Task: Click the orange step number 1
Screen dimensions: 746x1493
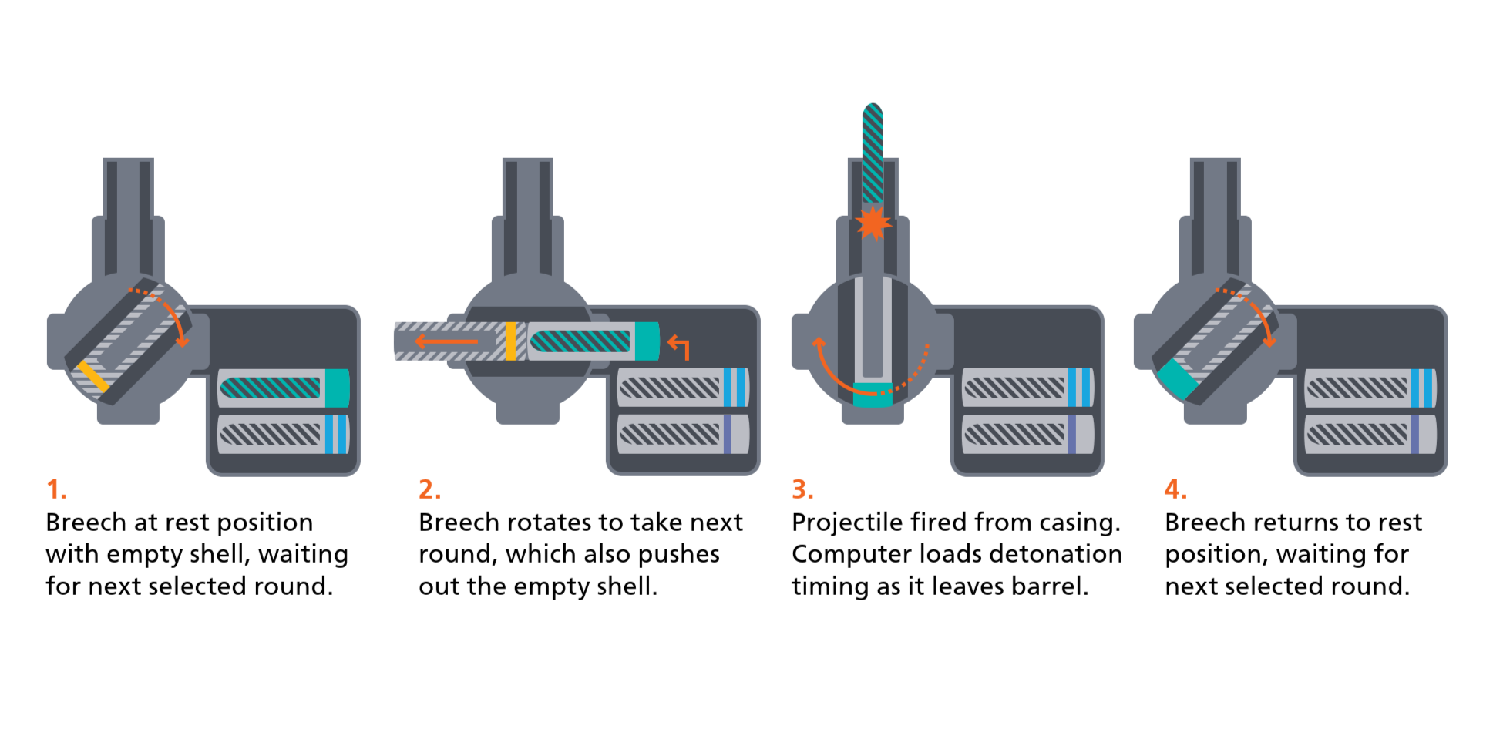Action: tap(55, 489)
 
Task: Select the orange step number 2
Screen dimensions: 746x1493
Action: tap(429, 489)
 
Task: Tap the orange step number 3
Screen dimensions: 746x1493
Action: tap(802, 489)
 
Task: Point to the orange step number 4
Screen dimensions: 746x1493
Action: tap(1175, 489)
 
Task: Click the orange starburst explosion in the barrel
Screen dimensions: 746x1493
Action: tap(873, 223)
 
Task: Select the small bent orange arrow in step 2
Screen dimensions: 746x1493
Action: tap(678, 346)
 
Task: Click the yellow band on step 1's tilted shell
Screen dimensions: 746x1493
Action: tap(93, 376)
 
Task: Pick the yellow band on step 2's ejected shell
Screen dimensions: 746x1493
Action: tap(510, 341)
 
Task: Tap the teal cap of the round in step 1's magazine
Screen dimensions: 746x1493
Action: tap(337, 388)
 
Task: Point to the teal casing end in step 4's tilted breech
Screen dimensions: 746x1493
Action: tap(1176, 378)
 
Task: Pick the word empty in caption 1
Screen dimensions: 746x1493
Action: tap(142, 554)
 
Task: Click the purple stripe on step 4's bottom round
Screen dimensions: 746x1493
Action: tap(1415, 435)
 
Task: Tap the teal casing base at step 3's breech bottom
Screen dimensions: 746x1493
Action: tap(873, 394)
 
